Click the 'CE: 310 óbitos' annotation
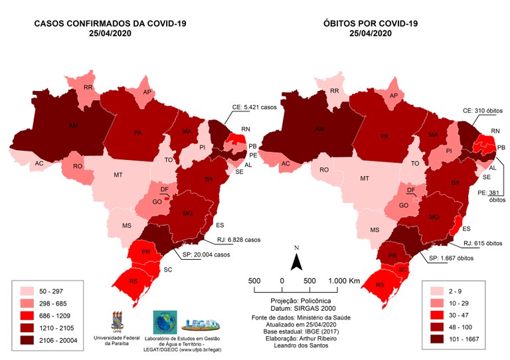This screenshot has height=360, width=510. (482, 110)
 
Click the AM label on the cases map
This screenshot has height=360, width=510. (74, 124)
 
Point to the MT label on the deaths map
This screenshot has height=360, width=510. (364, 179)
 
